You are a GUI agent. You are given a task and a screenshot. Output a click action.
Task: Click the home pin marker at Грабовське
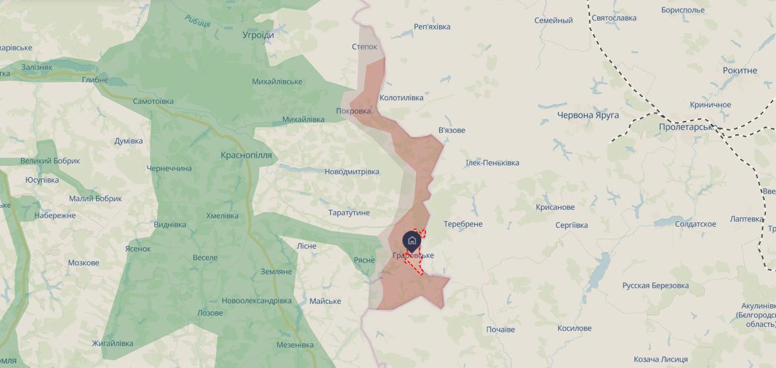point(412,241)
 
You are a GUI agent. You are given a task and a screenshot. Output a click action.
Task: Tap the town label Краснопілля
point(246,155)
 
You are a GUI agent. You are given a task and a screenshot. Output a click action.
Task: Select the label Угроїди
point(258,35)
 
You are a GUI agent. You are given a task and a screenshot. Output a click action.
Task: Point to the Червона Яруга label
point(588,115)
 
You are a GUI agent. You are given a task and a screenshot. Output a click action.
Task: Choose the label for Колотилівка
point(401,97)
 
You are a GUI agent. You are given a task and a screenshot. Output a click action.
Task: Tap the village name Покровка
point(353,111)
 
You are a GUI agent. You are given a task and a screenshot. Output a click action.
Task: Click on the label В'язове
point(452,130)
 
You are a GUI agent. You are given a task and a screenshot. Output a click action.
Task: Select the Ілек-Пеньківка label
point(492,162)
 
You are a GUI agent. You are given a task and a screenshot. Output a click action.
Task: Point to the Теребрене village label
point(463,224)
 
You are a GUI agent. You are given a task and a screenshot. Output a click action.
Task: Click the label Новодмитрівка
point(352,172)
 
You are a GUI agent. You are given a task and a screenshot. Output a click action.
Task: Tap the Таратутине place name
point(349,213)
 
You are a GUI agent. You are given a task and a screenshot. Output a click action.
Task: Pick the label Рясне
point(364,259)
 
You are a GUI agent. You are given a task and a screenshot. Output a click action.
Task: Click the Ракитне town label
point(740,70)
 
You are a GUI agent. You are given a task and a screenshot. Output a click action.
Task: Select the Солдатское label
point(695,224)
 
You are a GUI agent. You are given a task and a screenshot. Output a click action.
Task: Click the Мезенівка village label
point(295,345)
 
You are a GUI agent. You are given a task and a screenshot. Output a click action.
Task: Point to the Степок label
point(364,47)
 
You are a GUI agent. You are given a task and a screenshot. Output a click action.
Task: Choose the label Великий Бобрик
point(50,161)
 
